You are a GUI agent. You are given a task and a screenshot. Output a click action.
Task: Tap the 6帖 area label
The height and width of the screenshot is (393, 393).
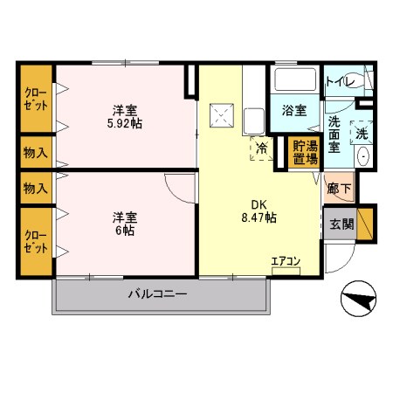coord(122,231)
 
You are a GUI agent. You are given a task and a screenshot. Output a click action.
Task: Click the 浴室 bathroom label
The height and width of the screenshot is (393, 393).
coord(294,111)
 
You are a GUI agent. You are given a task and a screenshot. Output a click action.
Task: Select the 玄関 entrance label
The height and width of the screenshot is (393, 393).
coord(341,224)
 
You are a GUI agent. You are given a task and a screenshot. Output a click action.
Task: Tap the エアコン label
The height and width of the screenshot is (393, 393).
coord(286,260)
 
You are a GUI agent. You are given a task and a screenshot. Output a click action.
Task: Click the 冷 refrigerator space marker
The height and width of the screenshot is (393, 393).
coord(260,148)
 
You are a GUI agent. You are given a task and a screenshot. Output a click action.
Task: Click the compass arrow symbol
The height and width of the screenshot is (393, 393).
coord(359,302)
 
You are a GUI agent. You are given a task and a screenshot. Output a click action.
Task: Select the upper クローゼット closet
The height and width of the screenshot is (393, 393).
coord(36,99)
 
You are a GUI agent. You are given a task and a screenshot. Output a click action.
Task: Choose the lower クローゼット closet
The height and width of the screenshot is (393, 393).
coord(36,239)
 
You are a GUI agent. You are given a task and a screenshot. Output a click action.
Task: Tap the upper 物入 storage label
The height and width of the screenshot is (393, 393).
coord(36,153)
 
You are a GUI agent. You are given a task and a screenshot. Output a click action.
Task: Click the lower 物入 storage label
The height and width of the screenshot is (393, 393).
coord(36,188)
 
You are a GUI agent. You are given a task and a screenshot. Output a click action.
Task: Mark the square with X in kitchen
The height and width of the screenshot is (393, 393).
coord(222,113)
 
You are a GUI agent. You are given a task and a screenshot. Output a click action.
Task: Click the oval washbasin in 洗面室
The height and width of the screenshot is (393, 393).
coord(364,158)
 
